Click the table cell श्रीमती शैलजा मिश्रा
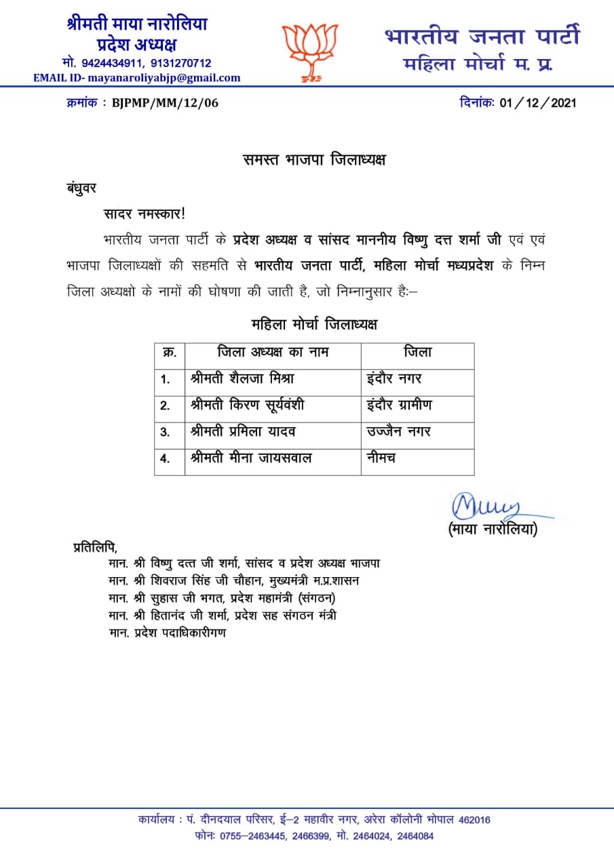tap(242, 378)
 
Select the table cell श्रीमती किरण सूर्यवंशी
tap(248, 406)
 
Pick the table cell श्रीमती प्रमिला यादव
tap(244, 432)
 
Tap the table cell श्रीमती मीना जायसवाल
tap(251, 458)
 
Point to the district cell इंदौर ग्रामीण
tap(398, 405)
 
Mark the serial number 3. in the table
tap(165, 433)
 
